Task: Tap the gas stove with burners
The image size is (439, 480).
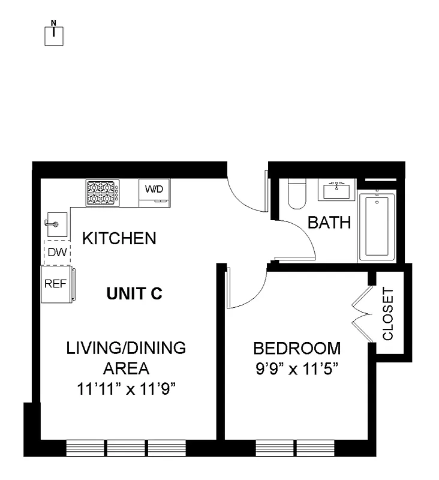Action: pos(103,193)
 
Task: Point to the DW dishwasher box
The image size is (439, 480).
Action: pos(57,253)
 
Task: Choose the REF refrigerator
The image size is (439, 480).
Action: pos(57,284)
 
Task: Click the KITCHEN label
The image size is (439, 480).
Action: pos(119,239)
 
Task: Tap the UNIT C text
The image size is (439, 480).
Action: pos(134,294)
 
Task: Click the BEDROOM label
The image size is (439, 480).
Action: pos(297,349)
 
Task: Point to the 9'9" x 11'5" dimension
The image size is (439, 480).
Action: pos(297,368)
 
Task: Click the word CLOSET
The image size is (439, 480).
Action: pos(389,314)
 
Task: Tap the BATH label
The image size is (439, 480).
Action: pos(329,223)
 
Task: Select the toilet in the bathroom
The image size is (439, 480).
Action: pos(296,193)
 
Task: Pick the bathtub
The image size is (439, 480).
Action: pos(377,226)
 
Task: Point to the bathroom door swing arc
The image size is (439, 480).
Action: pos(297,237)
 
